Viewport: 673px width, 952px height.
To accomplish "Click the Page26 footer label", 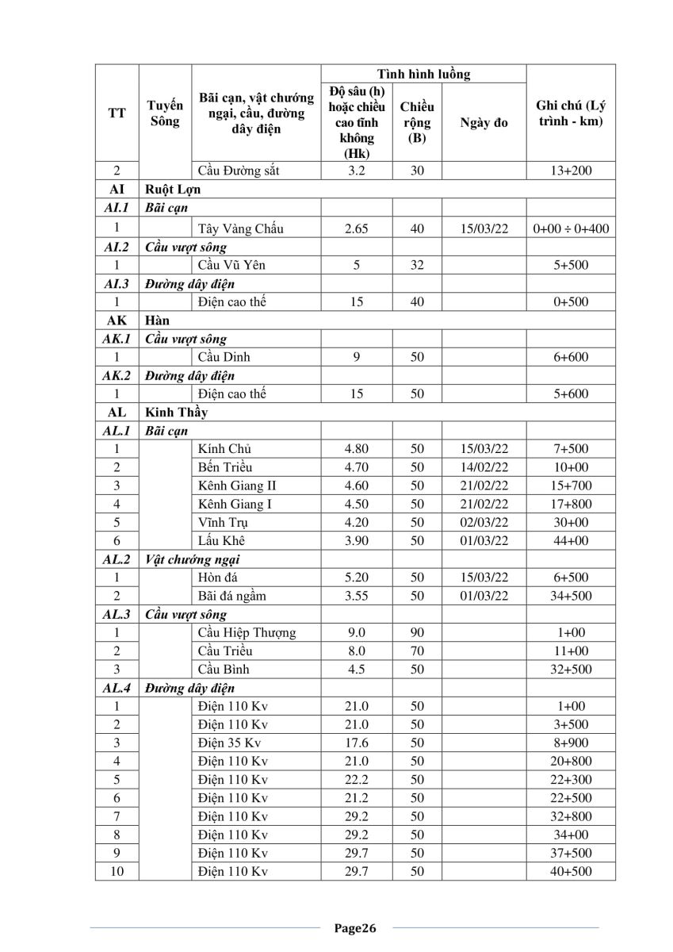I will (354, 928).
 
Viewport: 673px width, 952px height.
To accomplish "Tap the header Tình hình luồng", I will (423, 75).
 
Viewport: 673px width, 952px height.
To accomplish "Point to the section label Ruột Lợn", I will (174, 190).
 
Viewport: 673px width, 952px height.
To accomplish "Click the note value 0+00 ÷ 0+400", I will (571, 228).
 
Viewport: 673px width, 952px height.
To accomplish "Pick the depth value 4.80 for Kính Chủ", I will (357, 449).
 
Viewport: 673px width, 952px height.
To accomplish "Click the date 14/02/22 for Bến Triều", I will (484, 467).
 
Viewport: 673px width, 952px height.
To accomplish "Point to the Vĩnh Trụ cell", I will (225, 523).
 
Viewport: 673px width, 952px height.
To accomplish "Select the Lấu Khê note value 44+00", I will (571, 541).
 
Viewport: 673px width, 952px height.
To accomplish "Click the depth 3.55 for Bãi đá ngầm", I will (357, 596).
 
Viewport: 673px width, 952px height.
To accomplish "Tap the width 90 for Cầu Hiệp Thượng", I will (418, 633).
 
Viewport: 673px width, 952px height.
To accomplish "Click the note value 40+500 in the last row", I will (571, 872).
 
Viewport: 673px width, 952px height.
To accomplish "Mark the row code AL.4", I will (117, 688).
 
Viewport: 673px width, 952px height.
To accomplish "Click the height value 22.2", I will (357, 780).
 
